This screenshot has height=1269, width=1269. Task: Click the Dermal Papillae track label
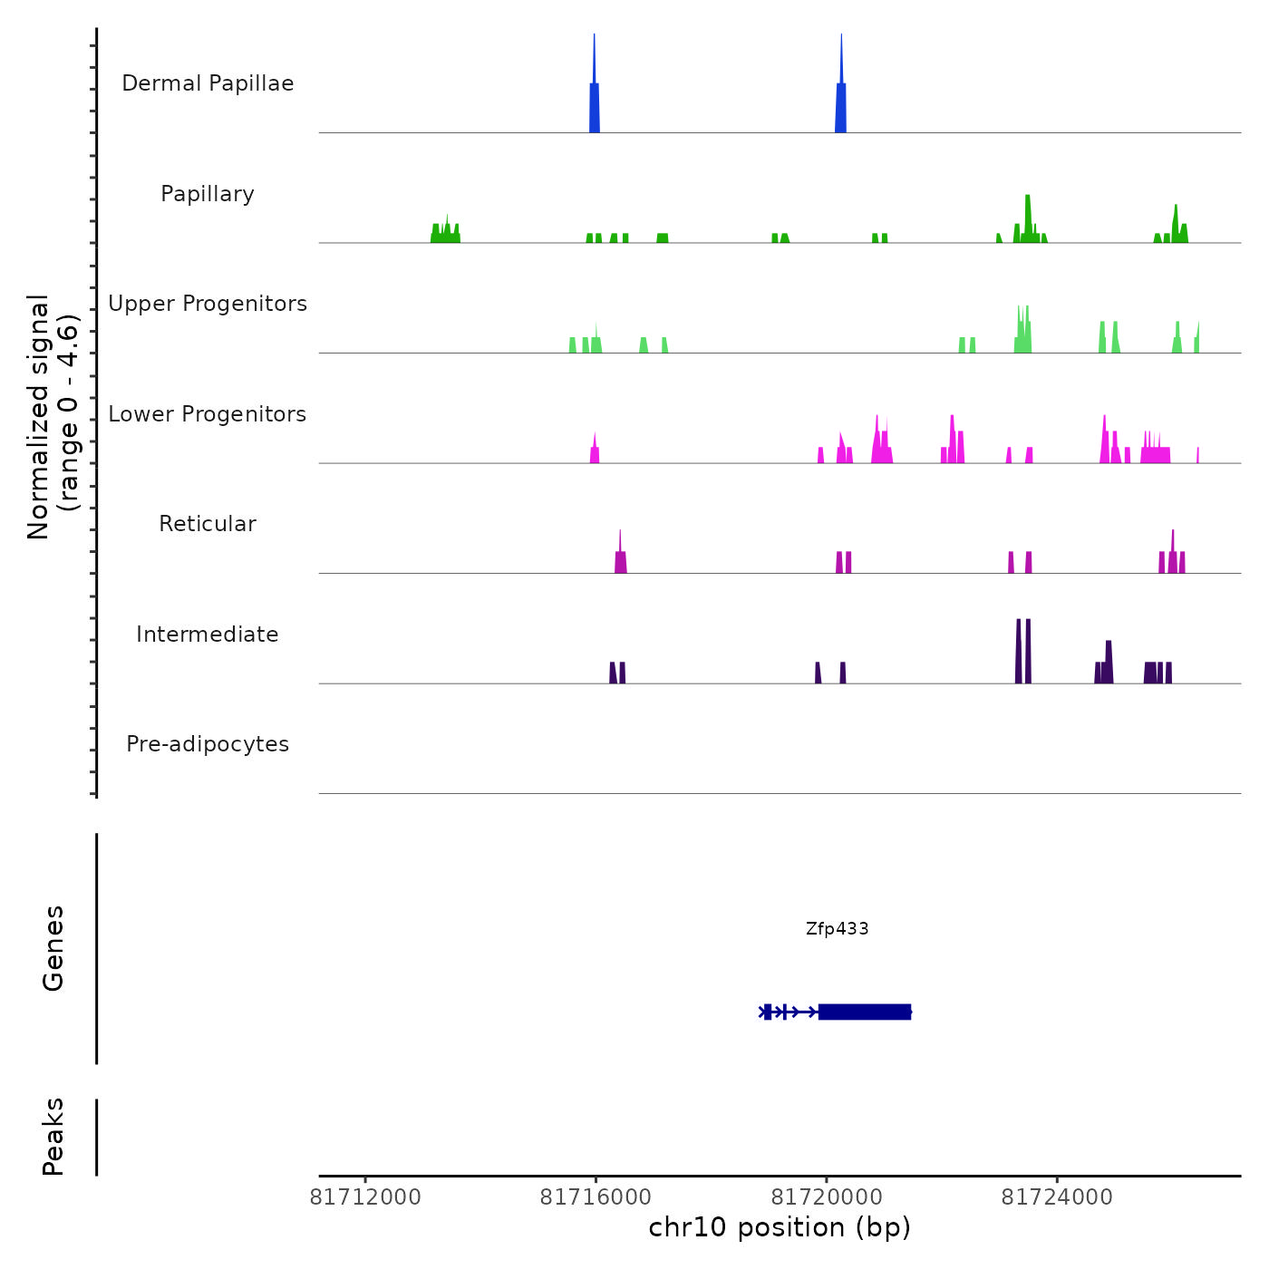coord(208,83)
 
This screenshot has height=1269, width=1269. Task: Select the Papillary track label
coord(208,194)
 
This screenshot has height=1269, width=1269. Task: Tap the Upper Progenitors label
coord(208,304)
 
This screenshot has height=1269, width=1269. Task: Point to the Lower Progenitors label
coord(208,414)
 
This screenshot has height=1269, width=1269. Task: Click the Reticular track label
coord(208,524)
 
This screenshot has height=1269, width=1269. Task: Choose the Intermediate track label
coord(208,634)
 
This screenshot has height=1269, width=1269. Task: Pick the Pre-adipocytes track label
coord(208,744)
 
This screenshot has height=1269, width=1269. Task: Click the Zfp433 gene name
coord(837,928)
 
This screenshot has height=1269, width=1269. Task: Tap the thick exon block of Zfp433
coord(864,1012)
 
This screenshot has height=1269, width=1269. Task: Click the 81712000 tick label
coord(365,1197)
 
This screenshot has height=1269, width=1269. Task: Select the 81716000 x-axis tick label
coord(596,1197)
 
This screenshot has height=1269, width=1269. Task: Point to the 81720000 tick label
coord(827,1197)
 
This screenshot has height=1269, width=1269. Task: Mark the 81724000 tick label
coord(1057,1197)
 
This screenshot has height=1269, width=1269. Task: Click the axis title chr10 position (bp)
coord(780,1227)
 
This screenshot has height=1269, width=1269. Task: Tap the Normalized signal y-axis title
coord(53,416)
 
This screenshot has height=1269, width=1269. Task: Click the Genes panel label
coord(53,948)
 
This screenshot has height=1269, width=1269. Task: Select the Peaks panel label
coord(53,1137)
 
